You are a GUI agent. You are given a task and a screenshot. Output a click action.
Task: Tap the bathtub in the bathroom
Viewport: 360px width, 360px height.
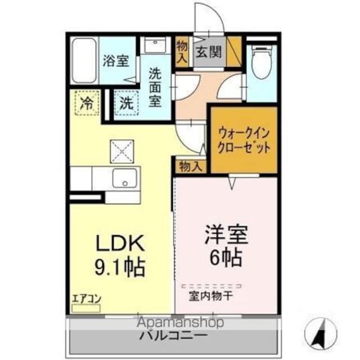click(x=84, y=61)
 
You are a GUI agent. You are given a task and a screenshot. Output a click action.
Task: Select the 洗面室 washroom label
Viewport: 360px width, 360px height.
click(x=155, y=87)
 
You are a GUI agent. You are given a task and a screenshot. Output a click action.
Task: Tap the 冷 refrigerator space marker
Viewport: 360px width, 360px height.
click(x=87, y=103)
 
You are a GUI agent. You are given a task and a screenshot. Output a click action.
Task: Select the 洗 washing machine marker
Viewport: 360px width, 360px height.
click(x=127, y=103)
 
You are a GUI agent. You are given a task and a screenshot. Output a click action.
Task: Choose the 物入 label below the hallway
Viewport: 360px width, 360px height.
click(x=190, y=166)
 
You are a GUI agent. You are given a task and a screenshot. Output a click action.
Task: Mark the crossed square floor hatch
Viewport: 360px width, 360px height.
click(x=120, y=150)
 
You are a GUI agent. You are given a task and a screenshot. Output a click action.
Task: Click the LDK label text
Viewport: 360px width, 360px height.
click(x=120, y=244)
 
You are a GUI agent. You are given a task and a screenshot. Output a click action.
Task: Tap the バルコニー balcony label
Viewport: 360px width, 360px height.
click(x=174, y=336)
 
